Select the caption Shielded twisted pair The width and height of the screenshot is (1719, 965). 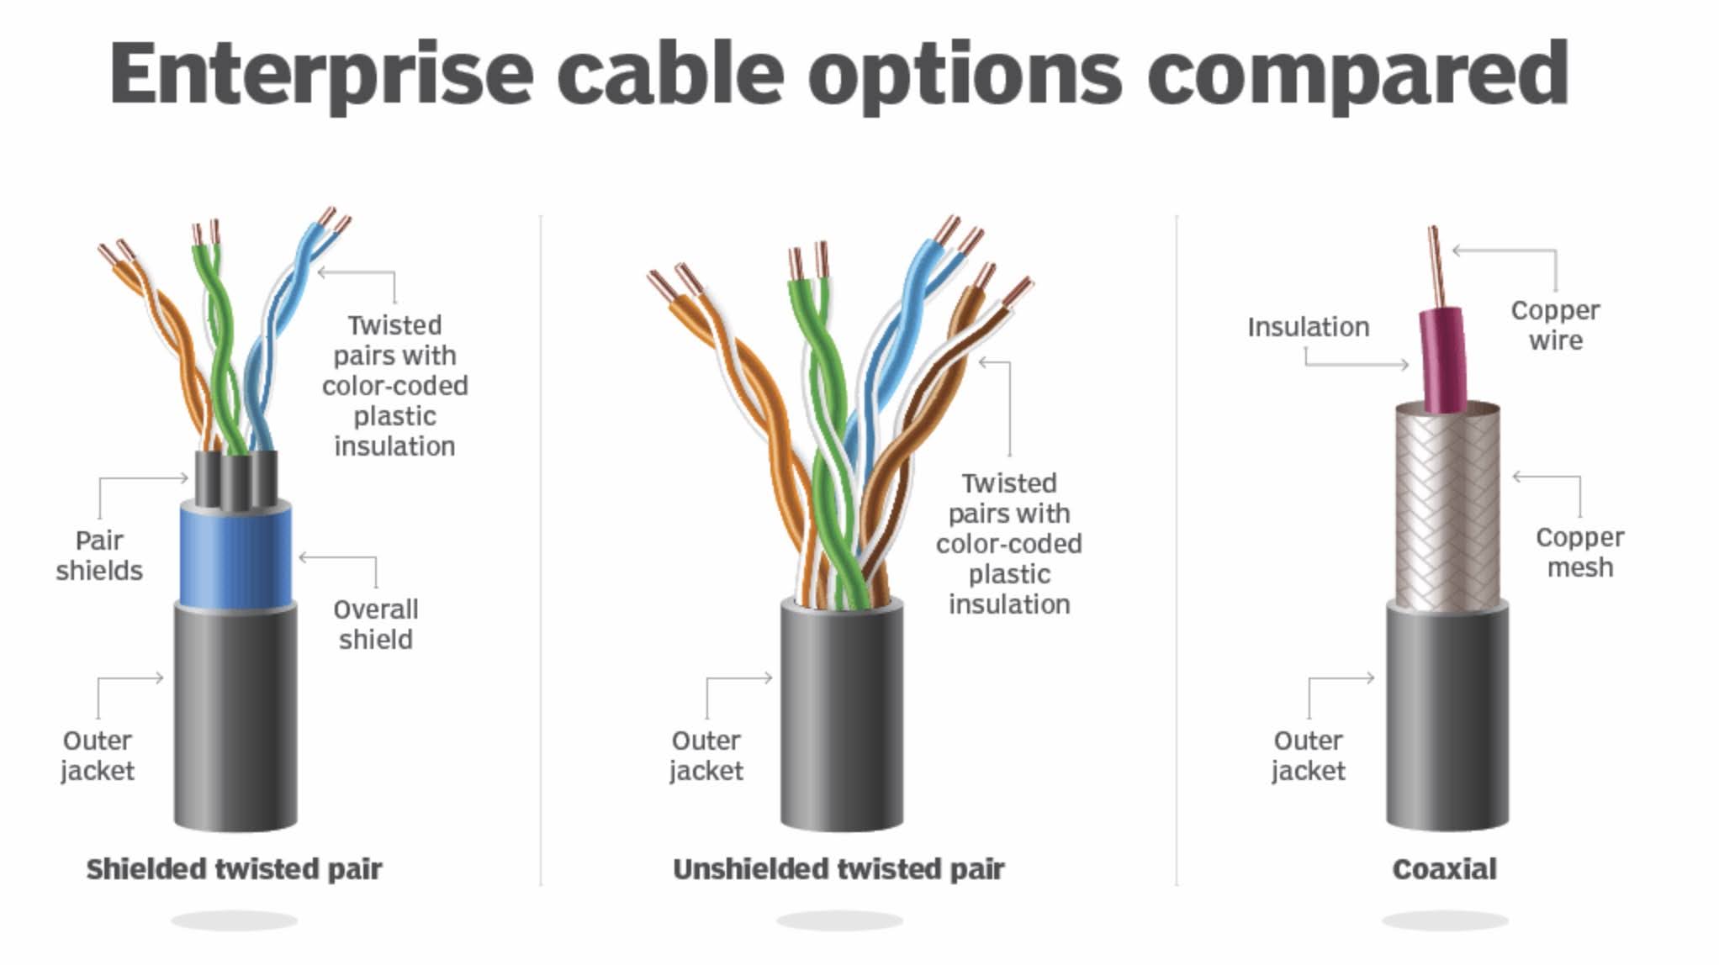click(x=234, y=869)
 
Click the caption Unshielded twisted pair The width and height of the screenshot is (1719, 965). click(x=838, y=869)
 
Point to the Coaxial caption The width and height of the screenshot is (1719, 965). click(x=1444, y=869)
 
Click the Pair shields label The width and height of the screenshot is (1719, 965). click(x=99, y=556)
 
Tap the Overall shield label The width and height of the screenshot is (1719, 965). click(x=375, y=625)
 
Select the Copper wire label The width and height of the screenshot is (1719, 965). click(x=1555, y=325)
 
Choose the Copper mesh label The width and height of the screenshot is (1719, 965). click(x=1579, y=552)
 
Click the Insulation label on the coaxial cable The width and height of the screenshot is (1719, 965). click(x=1308, y=327)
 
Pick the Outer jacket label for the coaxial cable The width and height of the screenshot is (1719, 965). click(x=1308, y=756)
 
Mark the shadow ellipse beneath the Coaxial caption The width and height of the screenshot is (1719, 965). click(x=1444, y=921)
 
